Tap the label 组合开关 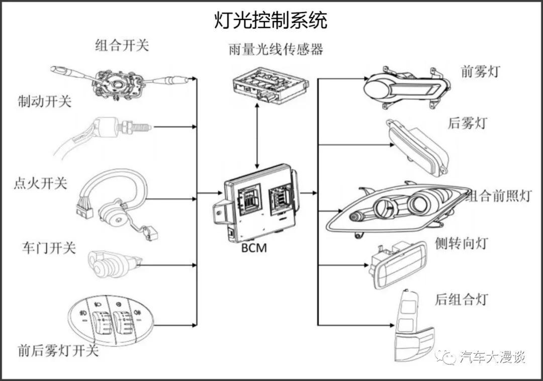click(x=122, y=46)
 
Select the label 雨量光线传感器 click(x=276, y=49)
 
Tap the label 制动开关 click(x=44, y=102)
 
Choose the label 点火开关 click(x=40, y=183)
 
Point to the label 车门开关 click(x=49, y=247)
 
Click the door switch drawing click(x=112, y=261)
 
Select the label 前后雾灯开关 click(x=58, y=350)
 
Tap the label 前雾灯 click(x=480, y=72)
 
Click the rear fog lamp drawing click(x=417, y=148)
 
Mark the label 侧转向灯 click(x=462, y=244)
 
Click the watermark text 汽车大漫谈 click(x=492, y=357)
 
